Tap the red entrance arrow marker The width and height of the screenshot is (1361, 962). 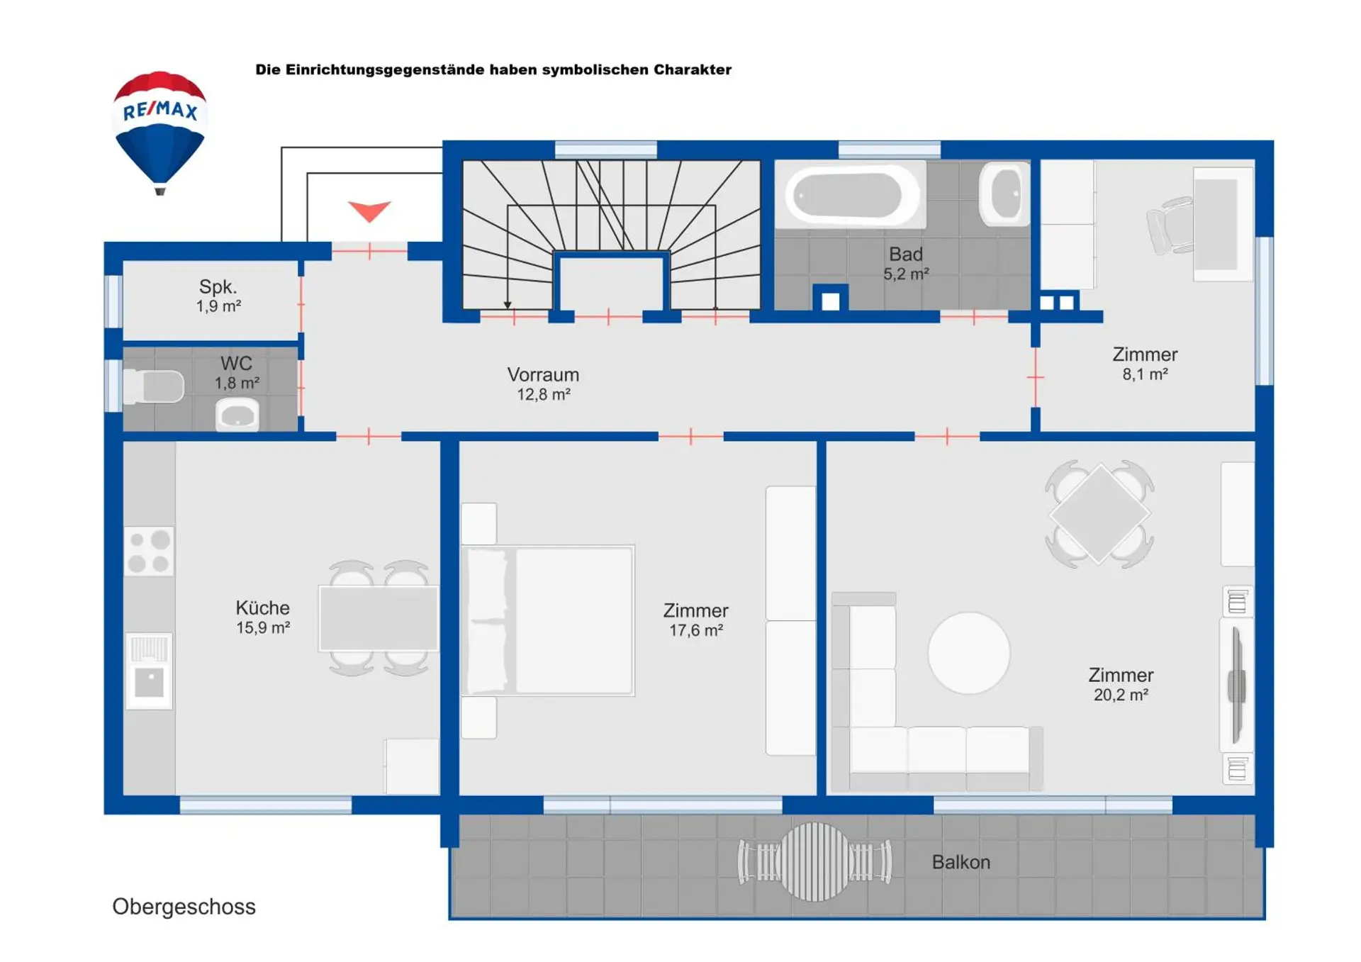tap(369, 211)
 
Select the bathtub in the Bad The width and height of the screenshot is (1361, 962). tap(849, 194)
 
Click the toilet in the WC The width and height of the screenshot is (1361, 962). tap(154, 386)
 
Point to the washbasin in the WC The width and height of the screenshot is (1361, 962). tap(237, 414)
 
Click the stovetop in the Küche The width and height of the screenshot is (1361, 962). tap(149, 551)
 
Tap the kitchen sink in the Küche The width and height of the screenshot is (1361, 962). tap(149, 671)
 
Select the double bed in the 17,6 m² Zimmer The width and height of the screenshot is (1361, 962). tap(548, 620)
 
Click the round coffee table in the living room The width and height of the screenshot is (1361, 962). tap(969, 653)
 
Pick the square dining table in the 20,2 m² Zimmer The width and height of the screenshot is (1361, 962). tap(1099, 514)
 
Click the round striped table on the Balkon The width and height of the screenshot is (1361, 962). tap(815, 861)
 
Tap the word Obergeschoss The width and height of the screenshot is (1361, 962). tap(184, 907)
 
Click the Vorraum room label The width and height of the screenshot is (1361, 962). tap(543, 374)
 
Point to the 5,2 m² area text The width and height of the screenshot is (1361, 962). tap(906, 274)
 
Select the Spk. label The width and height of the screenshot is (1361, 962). tap(218, 287)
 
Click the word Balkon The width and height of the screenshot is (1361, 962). tap(960, 862)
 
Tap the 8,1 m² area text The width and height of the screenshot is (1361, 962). tap(1145, 374)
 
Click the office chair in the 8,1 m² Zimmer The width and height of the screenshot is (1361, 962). tap(1170, 225)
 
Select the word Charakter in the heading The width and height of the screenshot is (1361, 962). tap(693, 69)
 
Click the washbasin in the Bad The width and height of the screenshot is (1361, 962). tap(1004, 194)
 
